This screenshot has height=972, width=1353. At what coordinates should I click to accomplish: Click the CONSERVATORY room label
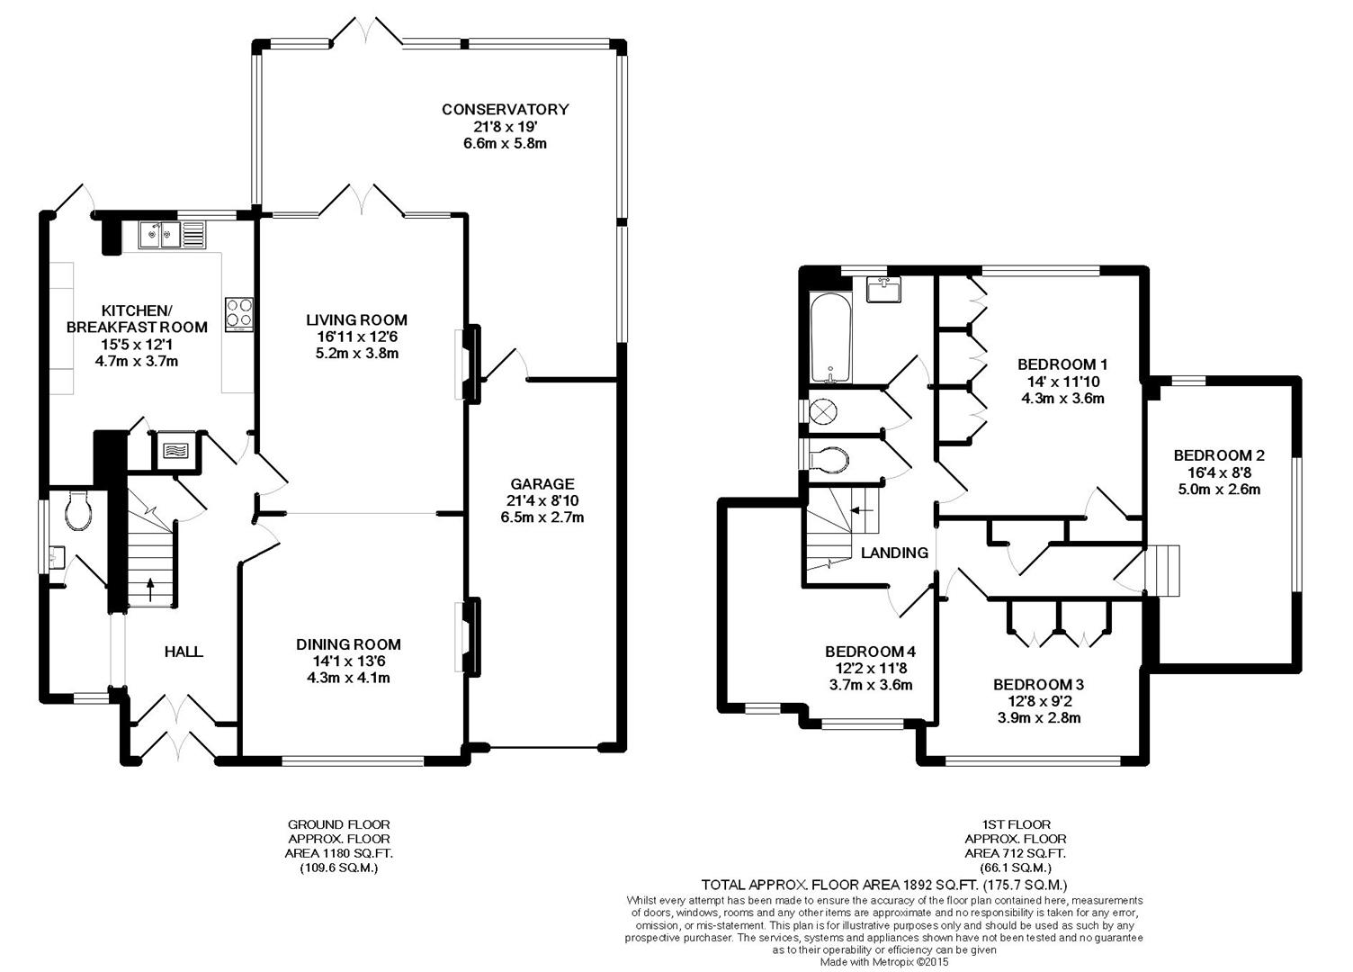point(505,109)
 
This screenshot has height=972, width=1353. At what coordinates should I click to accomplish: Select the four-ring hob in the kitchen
point(239,314)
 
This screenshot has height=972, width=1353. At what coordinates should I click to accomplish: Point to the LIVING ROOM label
point(356,319)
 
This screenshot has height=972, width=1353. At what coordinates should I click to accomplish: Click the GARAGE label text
point(542,484)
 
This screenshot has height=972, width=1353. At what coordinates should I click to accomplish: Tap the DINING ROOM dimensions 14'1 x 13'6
point(348,661)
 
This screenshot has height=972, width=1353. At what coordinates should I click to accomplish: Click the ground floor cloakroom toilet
point(78,510)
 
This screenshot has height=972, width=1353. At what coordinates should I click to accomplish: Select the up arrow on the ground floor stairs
point(150,590)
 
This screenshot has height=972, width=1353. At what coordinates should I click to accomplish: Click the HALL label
point(184,652)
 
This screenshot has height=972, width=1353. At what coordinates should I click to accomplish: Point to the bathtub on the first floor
point(830,338)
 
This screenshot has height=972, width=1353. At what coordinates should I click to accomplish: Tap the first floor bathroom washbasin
point(883,289)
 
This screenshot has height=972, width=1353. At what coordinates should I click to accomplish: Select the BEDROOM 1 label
point(1062,364)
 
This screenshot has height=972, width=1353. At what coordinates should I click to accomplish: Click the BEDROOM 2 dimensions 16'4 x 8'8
point(1219,472)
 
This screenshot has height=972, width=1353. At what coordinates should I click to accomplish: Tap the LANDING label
point(894,552)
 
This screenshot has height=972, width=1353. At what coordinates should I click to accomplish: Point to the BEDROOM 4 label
point(871,652)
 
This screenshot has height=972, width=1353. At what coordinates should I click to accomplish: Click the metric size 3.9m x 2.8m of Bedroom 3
point(1039,717)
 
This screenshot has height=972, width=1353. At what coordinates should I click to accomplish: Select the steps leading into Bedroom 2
point(1162,571)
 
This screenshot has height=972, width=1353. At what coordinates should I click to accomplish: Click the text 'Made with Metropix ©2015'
point(885,962)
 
